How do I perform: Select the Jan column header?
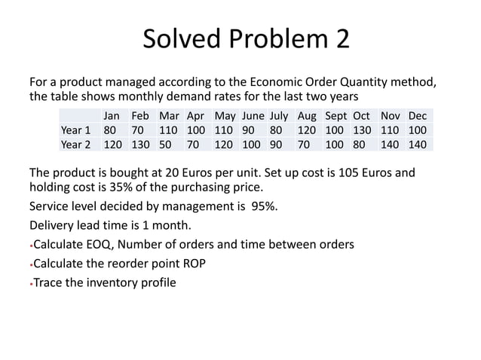point(112,117)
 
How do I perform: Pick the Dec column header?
point(417,117)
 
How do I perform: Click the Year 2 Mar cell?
point(165,144)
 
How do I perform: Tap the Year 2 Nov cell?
point(391,144)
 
